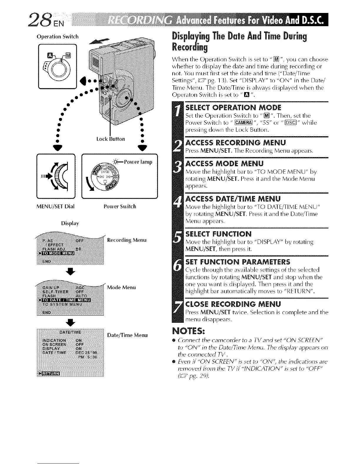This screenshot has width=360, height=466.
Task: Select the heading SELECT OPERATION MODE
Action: click(234, 107)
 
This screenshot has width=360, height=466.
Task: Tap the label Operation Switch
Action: click(57, 37)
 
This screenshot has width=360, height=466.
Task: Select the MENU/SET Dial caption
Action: click(55, 206)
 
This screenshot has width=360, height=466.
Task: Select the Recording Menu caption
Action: click(126, 240)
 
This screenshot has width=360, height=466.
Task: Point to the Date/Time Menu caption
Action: click(127, 335)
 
